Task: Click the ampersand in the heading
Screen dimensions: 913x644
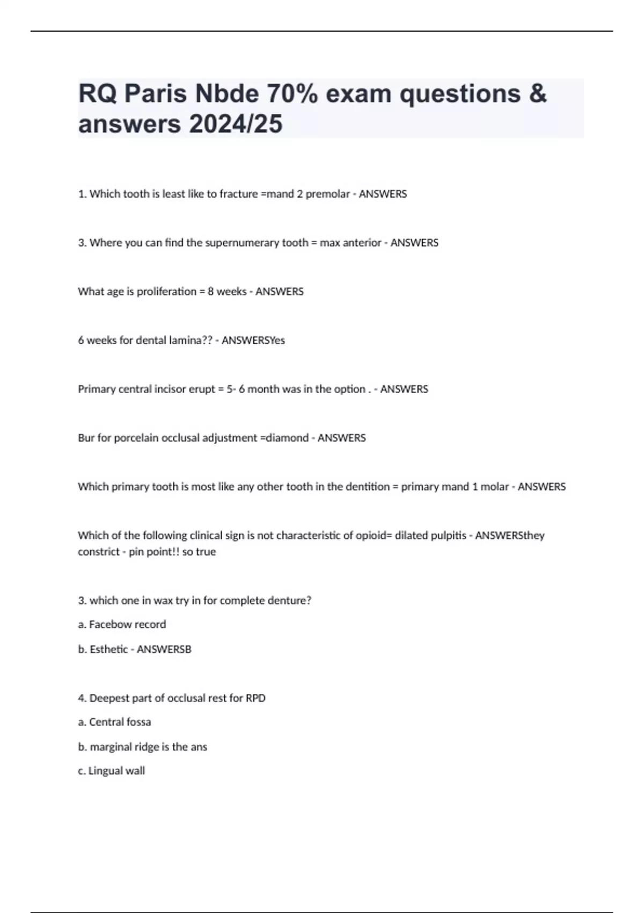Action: point(538,94)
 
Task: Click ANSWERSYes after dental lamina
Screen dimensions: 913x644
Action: point(253,340)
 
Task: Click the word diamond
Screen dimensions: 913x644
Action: point(287,438)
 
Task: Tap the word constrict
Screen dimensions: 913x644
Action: point(99,552)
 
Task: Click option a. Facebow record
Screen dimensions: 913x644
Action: point(122,625)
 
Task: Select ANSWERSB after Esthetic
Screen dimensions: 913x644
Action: point(164,649)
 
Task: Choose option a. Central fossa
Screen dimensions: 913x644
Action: point(114,722)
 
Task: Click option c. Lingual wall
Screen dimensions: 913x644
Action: point(111,771)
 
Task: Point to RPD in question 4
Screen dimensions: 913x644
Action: point(255,698)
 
